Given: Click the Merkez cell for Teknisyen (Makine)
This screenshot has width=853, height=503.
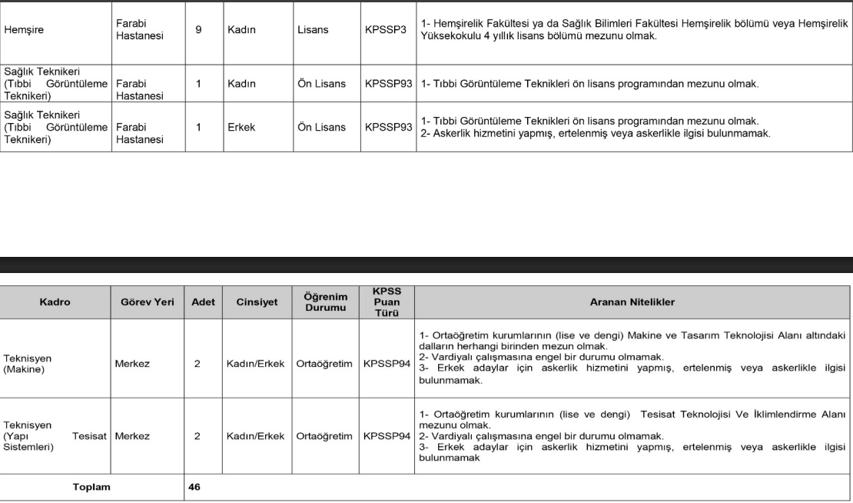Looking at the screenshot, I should (x=132, y=363).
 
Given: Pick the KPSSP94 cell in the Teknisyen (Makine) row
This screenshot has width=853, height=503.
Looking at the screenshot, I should (x=388, y=363).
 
